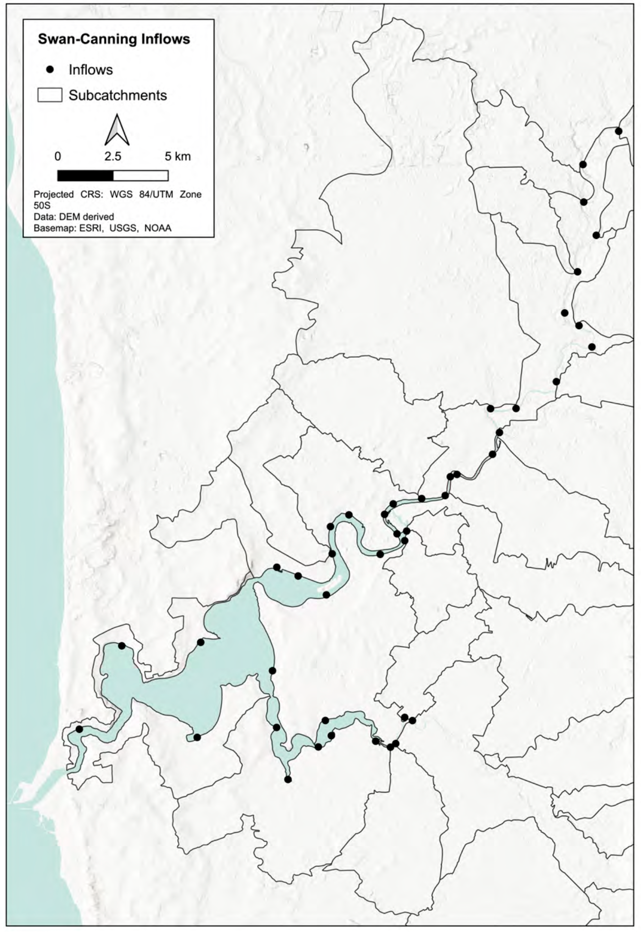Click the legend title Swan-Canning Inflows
pos(114,39)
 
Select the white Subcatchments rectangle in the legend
pos(50,95)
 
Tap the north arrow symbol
pos(117,130)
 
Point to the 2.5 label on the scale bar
pos(113,156)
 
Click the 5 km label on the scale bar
pos(178,156)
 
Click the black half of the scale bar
pos(85,176)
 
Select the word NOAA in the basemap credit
pos(158,228)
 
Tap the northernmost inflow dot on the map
pos(618,131)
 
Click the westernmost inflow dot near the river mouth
pos(79,729)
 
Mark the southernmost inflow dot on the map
pos(288,779)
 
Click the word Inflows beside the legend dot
pos(91,70)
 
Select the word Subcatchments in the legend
pos(118,95)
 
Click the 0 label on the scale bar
pos(58,156)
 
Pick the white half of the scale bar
pos(140,176)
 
